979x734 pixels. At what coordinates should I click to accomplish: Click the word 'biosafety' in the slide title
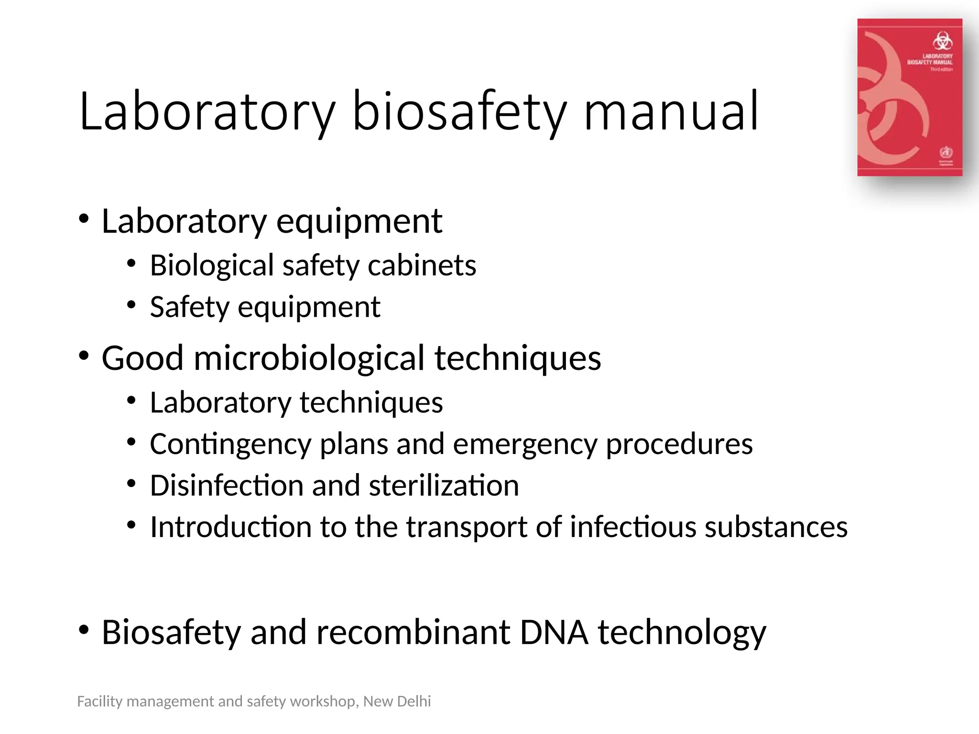459,112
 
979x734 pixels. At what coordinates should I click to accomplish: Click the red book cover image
909,97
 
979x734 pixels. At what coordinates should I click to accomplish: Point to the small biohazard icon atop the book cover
942,41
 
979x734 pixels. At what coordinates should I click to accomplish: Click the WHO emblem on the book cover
946,152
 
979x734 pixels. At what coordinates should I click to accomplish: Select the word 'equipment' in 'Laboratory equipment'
359,222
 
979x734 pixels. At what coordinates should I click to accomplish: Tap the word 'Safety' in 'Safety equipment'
189,307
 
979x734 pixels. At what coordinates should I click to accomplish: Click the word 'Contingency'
230,444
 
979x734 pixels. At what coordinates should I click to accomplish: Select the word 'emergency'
525,444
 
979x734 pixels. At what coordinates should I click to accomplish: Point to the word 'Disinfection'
226,486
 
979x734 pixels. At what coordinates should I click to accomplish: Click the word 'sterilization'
444,486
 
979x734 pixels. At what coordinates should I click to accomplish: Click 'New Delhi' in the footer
397,701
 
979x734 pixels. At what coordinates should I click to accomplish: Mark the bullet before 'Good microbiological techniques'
84,356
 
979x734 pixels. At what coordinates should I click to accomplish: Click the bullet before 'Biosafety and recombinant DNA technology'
84,630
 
